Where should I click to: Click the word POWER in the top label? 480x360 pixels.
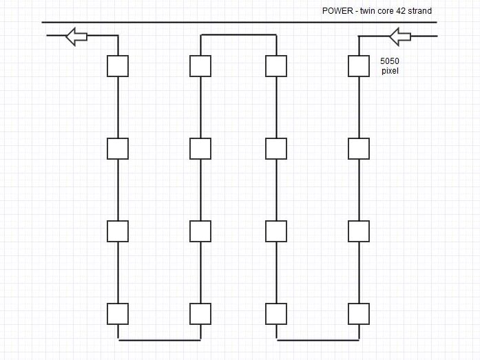coord(337,11)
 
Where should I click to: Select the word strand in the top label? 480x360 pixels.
coord(420,11)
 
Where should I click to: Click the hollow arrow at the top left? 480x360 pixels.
coord(76,36)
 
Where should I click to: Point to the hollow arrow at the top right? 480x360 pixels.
coord(400,36)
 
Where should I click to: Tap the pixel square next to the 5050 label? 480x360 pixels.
coord(359,66)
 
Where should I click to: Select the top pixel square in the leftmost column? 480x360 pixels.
coord(118,66)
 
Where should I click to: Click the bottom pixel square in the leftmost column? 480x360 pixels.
coord(118,314)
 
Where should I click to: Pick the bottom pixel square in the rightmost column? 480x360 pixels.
coord(359,314)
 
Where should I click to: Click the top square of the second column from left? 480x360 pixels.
coord(200,66)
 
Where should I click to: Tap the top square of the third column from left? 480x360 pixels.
coord(276,66)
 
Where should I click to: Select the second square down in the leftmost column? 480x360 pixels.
coord(118,149)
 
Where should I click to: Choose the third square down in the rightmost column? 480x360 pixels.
coord(359,231)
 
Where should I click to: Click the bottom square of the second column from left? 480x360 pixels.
coord(200,314)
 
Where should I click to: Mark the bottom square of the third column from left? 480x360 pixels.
coord(276,314)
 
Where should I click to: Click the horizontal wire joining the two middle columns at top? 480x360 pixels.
coord(238,35)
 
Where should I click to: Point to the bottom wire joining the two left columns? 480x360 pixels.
coord(159,340)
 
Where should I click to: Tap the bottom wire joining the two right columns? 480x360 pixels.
coord(317,340)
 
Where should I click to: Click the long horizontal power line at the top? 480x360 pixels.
coord(240,22)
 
